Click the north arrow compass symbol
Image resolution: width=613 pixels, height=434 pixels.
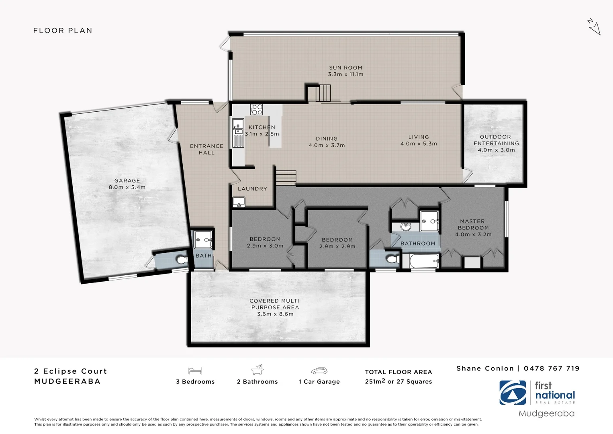(594, 27)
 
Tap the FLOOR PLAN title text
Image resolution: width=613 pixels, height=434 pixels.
(63, 31)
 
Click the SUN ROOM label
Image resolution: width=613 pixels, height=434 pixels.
(345, 71)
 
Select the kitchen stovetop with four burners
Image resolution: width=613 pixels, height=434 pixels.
(257, 109)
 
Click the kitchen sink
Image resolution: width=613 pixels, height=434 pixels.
(238, 126)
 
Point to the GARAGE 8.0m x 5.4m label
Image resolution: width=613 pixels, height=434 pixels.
(127, 184)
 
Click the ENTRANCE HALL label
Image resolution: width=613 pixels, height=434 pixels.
(206, 149)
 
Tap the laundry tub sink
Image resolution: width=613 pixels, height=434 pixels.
(239, 202)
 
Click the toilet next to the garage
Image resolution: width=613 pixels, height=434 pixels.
(182, 260)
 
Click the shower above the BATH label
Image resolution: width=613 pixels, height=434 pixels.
(203, 240)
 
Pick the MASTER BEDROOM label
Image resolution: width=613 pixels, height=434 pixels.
(473, 227)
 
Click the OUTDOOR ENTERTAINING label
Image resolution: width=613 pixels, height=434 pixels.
(496, 143)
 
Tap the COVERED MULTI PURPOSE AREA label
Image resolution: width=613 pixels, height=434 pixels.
(275, 307)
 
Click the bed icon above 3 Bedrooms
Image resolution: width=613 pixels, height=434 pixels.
(195, 371)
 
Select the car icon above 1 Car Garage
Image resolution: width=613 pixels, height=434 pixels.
(319, 371)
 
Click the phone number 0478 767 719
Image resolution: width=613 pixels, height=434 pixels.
(552, 368)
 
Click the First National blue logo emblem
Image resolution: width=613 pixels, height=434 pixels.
(513, 393)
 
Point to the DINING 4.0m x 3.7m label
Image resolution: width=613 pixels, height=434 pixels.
(327, 142)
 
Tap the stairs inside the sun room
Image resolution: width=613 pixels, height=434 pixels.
(323, 93)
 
